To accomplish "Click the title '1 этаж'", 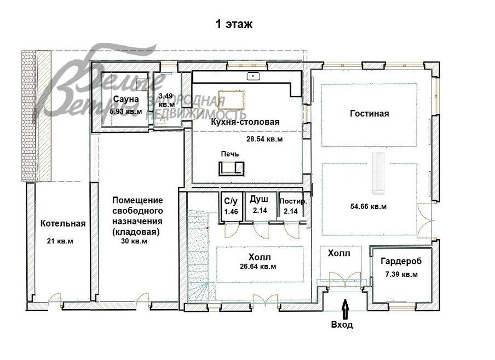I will (x=234, y=24).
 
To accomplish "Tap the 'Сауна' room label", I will (x=126, y=99).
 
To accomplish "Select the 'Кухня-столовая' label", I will (x=245, y=122).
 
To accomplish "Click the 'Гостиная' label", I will (x=369, y=113).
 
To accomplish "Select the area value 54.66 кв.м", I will (x=368, y=207).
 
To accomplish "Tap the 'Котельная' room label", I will (x=63, y=223).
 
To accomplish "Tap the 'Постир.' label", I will (x=293, y=201).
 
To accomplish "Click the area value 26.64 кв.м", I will (x=257, y=267).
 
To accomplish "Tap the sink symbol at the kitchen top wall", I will (x=254, y=76).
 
